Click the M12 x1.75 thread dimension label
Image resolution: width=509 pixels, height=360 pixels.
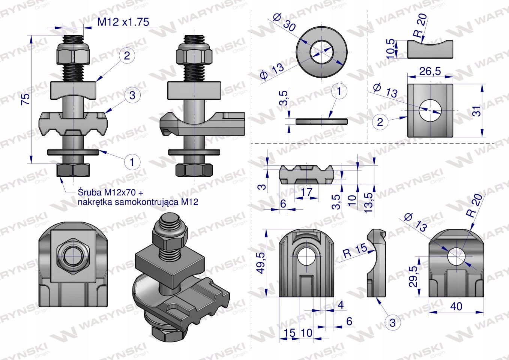coord(123,22)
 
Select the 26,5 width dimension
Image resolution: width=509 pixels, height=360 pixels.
coord(430,71)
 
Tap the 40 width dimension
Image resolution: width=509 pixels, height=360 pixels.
coord(456,306)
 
